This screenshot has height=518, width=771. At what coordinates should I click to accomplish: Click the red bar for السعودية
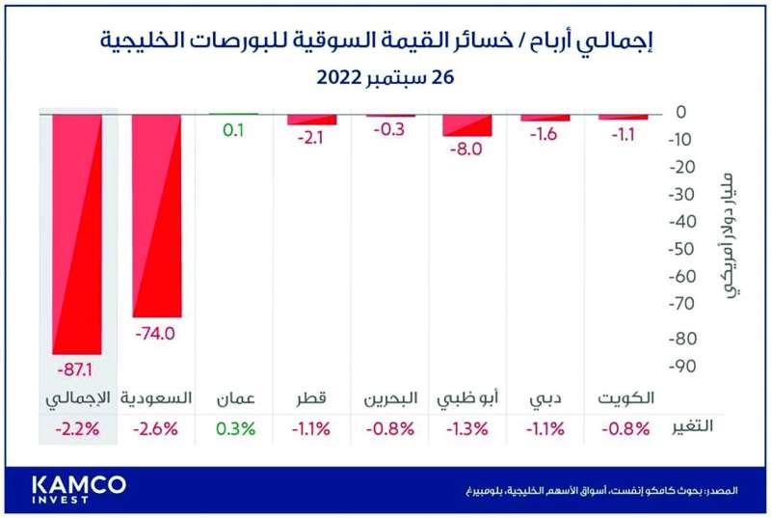[x=157, y=214]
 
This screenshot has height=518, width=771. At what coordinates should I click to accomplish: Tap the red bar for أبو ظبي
[x=467, y=124]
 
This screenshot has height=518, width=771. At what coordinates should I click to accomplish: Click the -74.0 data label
[x=156, y=334]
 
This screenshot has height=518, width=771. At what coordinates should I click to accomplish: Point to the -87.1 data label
[x=77, y=369]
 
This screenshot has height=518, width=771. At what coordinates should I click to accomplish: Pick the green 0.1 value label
[x=233, y=128]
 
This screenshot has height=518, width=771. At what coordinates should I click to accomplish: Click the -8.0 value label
[x=467, y=150]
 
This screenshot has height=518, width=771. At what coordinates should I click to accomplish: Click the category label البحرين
[x=389, y=398]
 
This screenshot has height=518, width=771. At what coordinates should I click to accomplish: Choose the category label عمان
[x=233, y=398]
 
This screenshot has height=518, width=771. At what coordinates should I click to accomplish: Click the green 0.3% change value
[x=233, y=428]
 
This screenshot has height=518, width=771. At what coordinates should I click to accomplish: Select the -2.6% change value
[x=156, y=428]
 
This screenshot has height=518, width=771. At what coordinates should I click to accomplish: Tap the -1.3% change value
[x=467, y=428]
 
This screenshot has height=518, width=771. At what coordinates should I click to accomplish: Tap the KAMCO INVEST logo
[x=78, y=488]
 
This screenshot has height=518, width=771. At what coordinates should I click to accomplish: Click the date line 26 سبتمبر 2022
[x=385, y=78]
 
